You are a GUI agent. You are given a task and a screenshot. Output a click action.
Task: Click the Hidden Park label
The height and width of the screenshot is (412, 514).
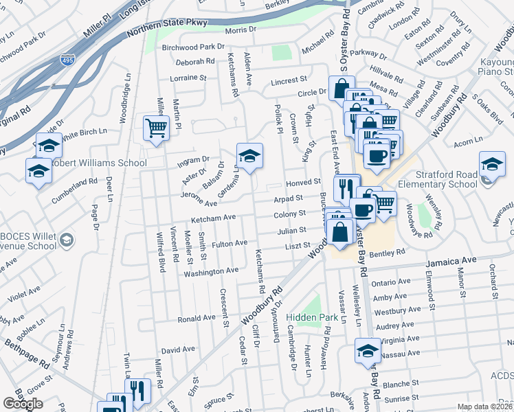point(313,317)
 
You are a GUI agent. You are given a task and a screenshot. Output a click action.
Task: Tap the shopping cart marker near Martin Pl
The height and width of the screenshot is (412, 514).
point(156,128)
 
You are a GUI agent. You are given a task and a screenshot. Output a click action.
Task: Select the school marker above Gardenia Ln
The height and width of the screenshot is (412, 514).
point(249,154)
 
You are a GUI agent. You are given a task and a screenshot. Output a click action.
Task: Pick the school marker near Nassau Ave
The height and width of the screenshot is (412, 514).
point(368,350)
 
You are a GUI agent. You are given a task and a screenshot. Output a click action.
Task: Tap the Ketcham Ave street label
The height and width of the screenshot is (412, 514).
point(213,218)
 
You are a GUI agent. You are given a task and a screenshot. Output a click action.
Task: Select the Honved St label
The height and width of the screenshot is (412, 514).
point(304,182)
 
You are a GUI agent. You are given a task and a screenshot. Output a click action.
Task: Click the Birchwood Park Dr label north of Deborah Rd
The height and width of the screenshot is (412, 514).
point(193,47)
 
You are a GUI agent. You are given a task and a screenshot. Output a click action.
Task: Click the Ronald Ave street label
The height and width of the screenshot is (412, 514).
point(197,319)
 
